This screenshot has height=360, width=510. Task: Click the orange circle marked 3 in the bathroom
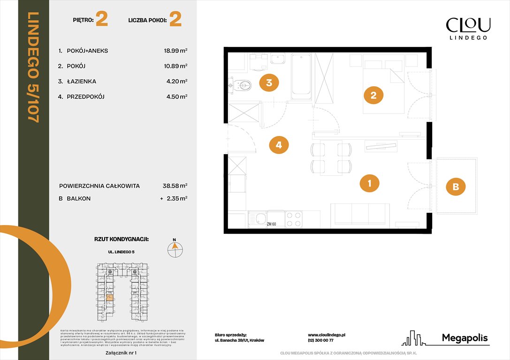click(269, 83)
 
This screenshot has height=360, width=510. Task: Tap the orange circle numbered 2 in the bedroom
click(373, 96)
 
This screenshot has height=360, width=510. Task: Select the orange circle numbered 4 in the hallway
click(279, 145)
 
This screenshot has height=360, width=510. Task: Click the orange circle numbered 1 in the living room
click(370, 183)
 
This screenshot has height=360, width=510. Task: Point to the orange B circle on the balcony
click(456, 187)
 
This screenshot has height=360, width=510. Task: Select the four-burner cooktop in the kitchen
click(294, 218)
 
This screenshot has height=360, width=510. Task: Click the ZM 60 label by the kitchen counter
click(271, 224)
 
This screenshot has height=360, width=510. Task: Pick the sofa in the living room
click(360, 215)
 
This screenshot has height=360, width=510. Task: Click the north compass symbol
click(175, 248)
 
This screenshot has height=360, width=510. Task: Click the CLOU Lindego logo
click(468, 28)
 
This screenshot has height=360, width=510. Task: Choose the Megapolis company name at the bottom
click(464, 337)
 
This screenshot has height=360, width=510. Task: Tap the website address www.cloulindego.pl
click(327, 335)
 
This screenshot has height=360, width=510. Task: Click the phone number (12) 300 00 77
click(321, 341)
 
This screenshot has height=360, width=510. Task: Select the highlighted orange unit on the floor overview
click(109, 297)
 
